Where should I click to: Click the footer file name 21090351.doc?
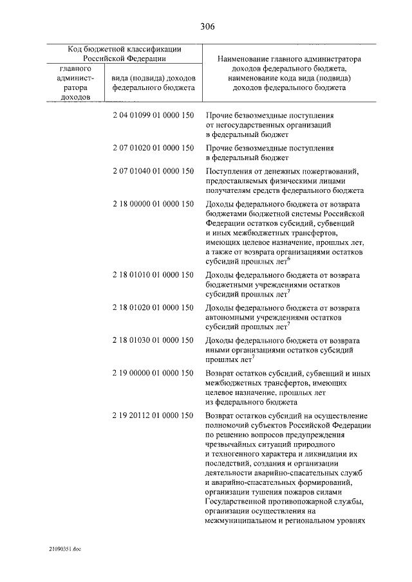pyautogui.click(x=65, y=549)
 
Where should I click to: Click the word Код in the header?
pyautogui.click(x=77, y=48)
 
